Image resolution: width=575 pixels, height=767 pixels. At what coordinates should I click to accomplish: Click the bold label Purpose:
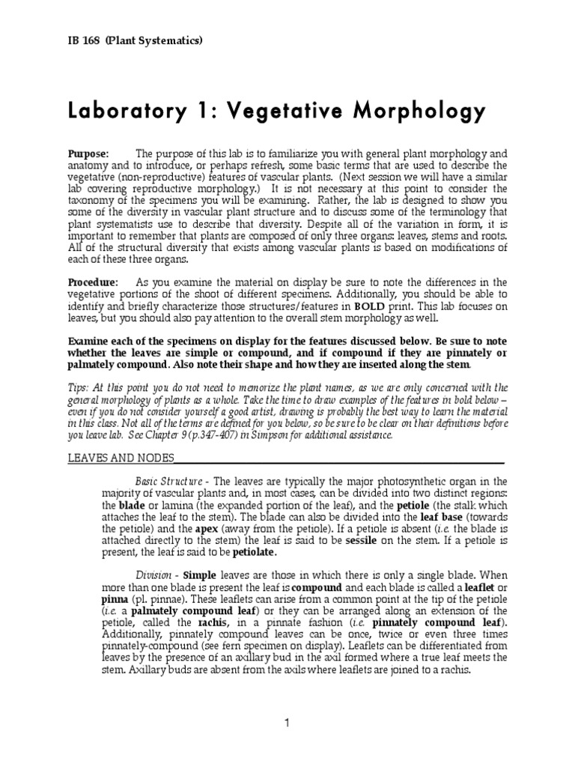89,153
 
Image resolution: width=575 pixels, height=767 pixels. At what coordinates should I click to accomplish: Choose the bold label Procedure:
94,282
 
